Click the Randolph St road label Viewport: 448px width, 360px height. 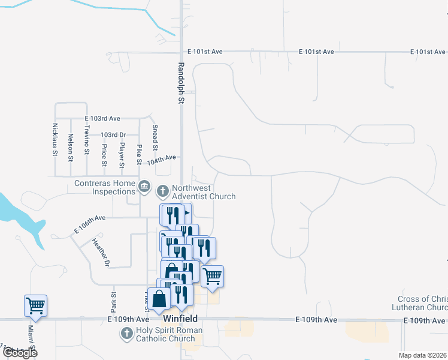tap(180, 83)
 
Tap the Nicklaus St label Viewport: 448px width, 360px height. tap(55, 140)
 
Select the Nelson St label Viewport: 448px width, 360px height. tap(71, 147)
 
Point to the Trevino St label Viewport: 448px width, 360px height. tap(87, 142)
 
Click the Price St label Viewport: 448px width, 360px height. tap(104, 155)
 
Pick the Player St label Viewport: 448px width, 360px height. tap(122, 155)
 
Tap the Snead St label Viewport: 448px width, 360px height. tap(155, 138)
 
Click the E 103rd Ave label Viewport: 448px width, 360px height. tap(102, 119)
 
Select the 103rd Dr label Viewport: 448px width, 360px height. tap(113, 135)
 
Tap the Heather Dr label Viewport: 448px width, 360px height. tap(101, 253)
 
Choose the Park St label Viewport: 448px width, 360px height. tap(113, 298)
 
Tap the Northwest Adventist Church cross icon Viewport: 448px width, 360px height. tap(162, 192)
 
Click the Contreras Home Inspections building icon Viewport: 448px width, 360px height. tap(144, 187)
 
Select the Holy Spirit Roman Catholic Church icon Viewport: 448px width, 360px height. tap(126, 334)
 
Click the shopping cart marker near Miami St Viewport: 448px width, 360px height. tap(35, 305)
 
